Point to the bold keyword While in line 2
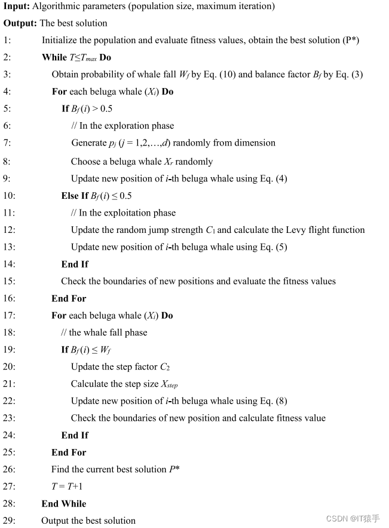click(x=54, y=57)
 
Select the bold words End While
click(x=64, y=504)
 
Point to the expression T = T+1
click(x=69, y=487)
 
